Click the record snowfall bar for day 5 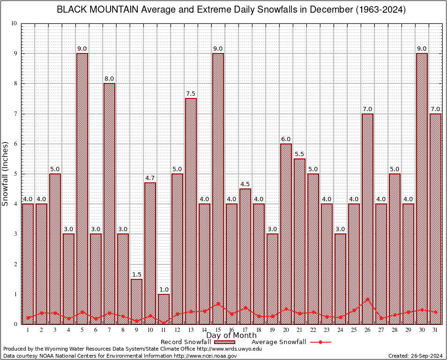click(82, 187)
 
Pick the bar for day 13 click(191, 211)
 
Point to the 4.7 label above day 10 click(150, 177)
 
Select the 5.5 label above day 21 click(299, 153)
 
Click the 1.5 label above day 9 click(136, 274)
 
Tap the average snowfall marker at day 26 click(367, 299)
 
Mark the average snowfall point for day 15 click(218, 304)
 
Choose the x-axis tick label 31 click(435, 330)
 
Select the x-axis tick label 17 click(245, 330)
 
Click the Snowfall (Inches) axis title click(5, 174)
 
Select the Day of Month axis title click(231, 336)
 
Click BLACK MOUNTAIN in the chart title click(97, 10)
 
